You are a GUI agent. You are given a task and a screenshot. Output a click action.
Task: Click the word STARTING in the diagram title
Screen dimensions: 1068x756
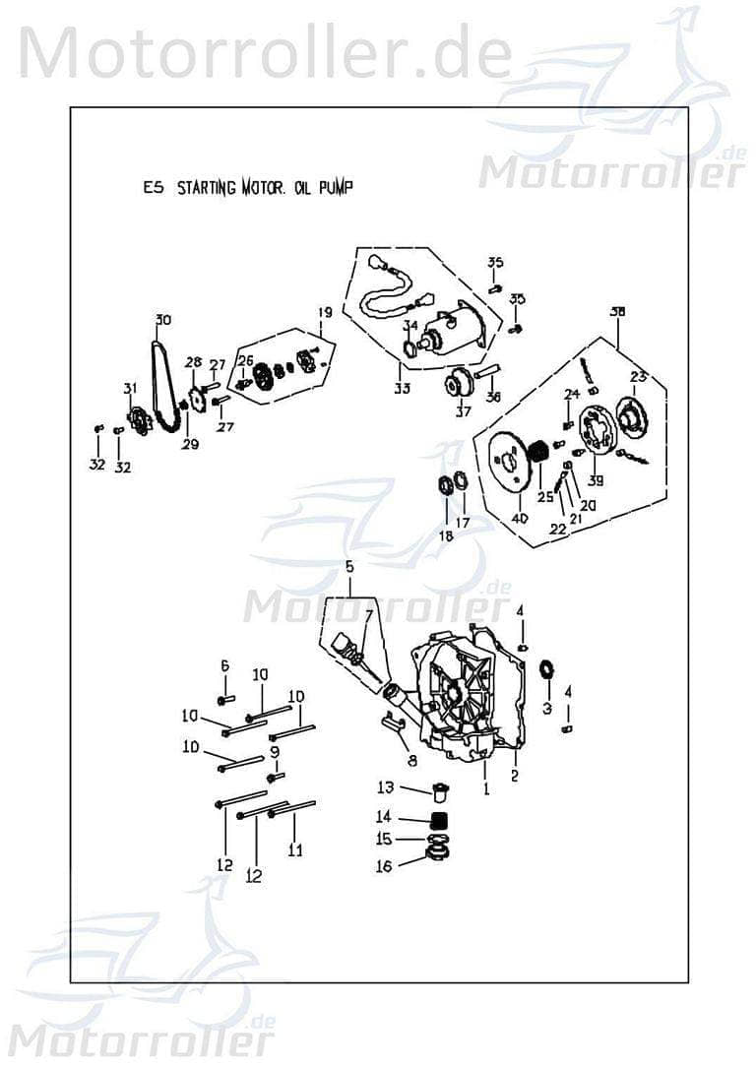click(x=206, y=189)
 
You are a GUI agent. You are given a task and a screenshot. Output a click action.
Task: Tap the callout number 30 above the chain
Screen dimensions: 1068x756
click(x=162, y=319)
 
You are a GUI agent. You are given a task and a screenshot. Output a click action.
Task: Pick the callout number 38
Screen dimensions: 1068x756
click(x=617, y=312)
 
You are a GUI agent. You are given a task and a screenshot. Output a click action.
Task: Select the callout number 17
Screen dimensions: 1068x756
click(x=462, y=522)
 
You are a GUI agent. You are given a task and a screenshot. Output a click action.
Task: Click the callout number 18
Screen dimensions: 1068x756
click(x=446, y=535)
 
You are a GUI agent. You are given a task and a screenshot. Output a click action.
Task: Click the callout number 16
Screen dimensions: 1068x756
click(x=383, y=866)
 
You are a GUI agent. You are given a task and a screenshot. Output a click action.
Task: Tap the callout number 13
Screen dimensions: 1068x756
click(x=385, y=786)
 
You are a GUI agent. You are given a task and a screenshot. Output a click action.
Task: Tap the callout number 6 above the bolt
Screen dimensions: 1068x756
click(x=224, y=666)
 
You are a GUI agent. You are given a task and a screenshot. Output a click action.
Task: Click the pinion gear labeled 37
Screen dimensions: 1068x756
click(x=457, y=384)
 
